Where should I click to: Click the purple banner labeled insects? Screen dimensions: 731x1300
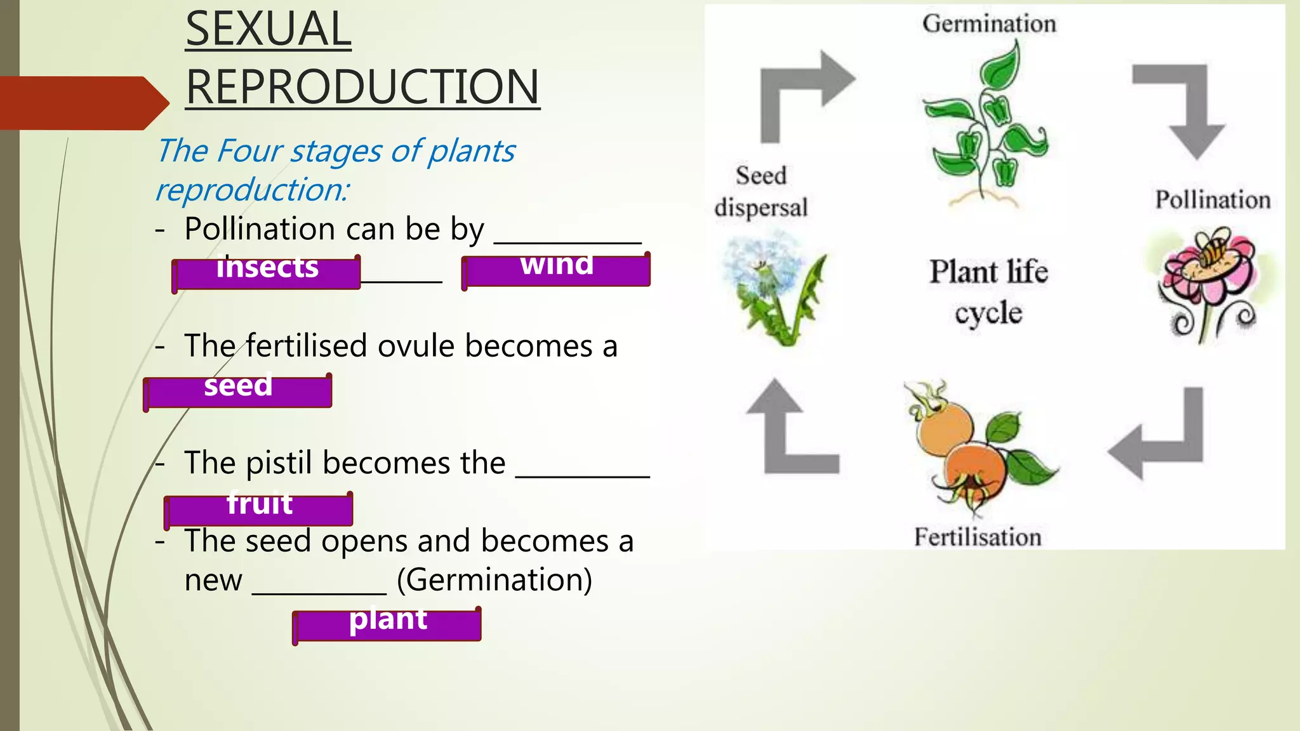point(267,273)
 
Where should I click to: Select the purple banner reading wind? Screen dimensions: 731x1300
point(557,270)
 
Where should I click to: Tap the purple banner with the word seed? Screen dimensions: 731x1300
point(238,391)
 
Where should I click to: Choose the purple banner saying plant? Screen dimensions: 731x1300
point(387,624)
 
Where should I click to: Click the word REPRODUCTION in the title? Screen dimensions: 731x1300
point(362,87)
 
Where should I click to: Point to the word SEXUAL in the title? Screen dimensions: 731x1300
point(269,29)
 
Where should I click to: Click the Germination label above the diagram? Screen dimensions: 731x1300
point(989,24)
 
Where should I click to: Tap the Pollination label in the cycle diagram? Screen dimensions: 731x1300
point(1212,200)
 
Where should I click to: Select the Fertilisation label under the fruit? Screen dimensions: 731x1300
point(978,537)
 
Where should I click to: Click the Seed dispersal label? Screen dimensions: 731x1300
point(761,191)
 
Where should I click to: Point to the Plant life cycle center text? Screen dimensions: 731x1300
point(989,292)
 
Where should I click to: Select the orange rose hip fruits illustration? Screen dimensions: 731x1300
point(971,451)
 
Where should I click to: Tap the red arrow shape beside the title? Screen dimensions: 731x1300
point(83,103)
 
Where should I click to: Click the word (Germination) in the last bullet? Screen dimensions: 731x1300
point(494,579)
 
